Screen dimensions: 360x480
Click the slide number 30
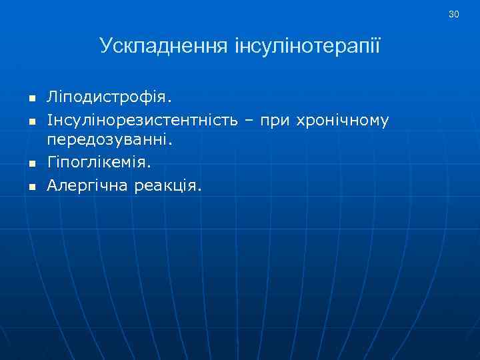(454, 14)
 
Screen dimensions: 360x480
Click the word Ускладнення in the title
(165, 46)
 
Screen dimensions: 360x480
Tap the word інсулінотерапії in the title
(308, 46)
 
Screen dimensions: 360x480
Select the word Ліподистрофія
(107, 98)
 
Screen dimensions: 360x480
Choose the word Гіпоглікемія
(97, 162)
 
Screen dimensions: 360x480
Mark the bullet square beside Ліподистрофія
(31, 99)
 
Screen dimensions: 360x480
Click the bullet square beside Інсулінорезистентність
(31, 121)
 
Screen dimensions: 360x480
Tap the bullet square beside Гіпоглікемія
(31, 164)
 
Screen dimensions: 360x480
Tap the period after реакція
(199, 189)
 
